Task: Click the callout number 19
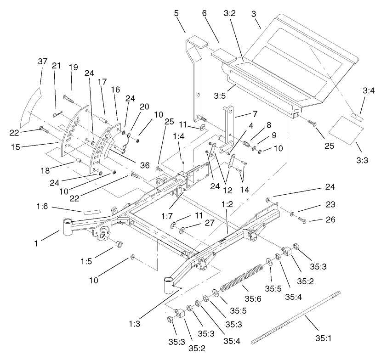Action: click(74, 67)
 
